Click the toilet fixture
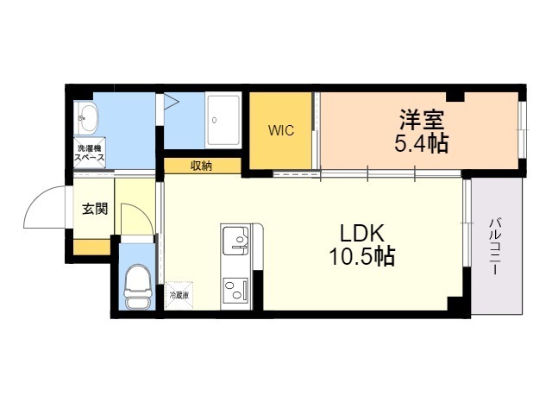[x=136, y=285]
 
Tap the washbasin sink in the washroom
[x=86, y=116]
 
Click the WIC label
[x=281, y=131]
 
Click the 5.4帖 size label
[x=421, y=143]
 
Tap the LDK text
[x=361, y=233]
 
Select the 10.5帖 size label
[x=361, y=256]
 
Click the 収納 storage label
[x=202, y=166]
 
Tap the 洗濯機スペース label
[x=90, y=154]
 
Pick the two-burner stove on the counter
[x=235, y=289]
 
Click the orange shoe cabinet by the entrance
[x=91, y=248]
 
